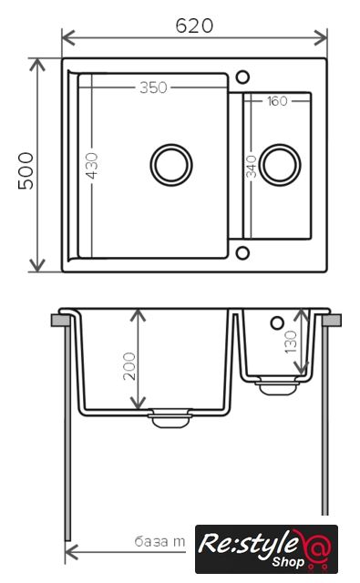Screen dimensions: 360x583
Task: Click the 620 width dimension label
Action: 194,26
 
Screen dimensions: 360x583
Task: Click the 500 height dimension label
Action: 26,170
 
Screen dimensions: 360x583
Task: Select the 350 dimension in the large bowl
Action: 153,87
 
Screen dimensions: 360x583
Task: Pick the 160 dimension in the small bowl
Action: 277,101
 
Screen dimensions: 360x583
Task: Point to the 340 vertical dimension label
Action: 252,167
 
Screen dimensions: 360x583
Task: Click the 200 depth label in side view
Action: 129,366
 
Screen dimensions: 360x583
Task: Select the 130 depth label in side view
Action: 291,343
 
